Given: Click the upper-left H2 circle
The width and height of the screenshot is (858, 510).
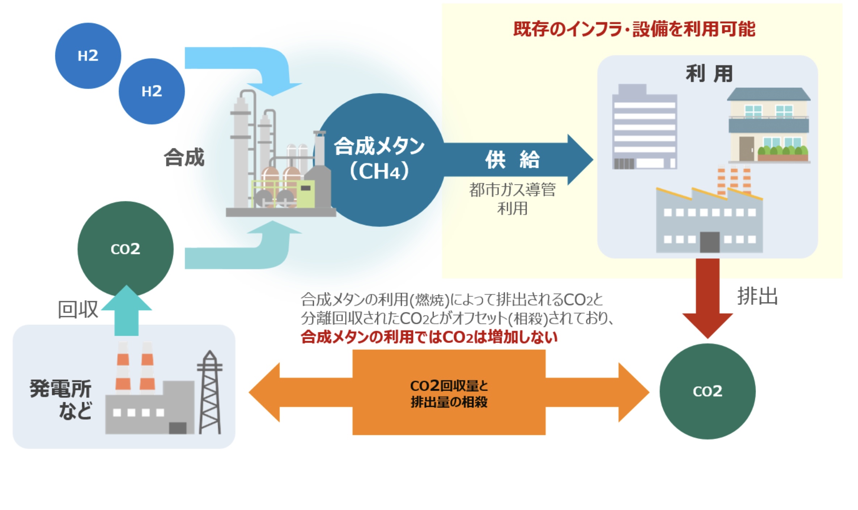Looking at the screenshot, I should point(88,56).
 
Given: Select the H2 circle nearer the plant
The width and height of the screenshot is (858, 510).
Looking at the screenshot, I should point(152,92).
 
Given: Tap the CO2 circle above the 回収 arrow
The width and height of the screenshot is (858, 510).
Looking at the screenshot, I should point(125,249).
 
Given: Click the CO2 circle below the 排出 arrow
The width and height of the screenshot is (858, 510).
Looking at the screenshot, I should point(707,391).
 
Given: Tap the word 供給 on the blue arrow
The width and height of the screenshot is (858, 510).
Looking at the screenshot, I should point(512,160).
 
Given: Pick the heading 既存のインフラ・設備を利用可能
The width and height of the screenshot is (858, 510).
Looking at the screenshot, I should point(634,29).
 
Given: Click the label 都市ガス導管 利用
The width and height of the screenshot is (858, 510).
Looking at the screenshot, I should point(512,199).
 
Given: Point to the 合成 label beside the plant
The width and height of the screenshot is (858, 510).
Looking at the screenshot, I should point(184,158).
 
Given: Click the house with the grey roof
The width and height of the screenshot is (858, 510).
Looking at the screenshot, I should point(768,125).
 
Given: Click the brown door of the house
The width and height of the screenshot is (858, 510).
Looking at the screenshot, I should point(746,149).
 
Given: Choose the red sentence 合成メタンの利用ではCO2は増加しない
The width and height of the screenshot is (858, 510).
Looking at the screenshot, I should point(429,337).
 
